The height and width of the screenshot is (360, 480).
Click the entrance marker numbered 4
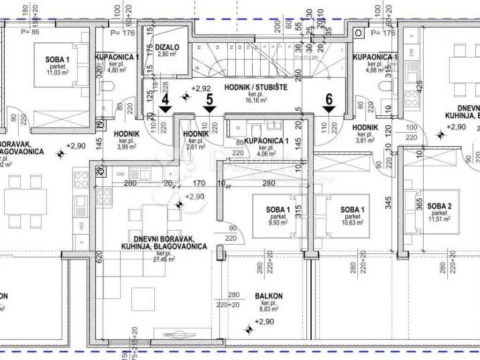165,105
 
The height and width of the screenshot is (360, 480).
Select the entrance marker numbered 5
209,105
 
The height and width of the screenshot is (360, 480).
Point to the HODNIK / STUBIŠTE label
255,87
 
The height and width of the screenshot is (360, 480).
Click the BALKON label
269,296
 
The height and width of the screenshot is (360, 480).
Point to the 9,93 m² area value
278,223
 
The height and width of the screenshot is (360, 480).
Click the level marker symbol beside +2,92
186,97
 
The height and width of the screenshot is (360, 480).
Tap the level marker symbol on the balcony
248,330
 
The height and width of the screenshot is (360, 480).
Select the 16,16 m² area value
256,100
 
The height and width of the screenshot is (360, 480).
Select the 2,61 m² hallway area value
196,147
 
